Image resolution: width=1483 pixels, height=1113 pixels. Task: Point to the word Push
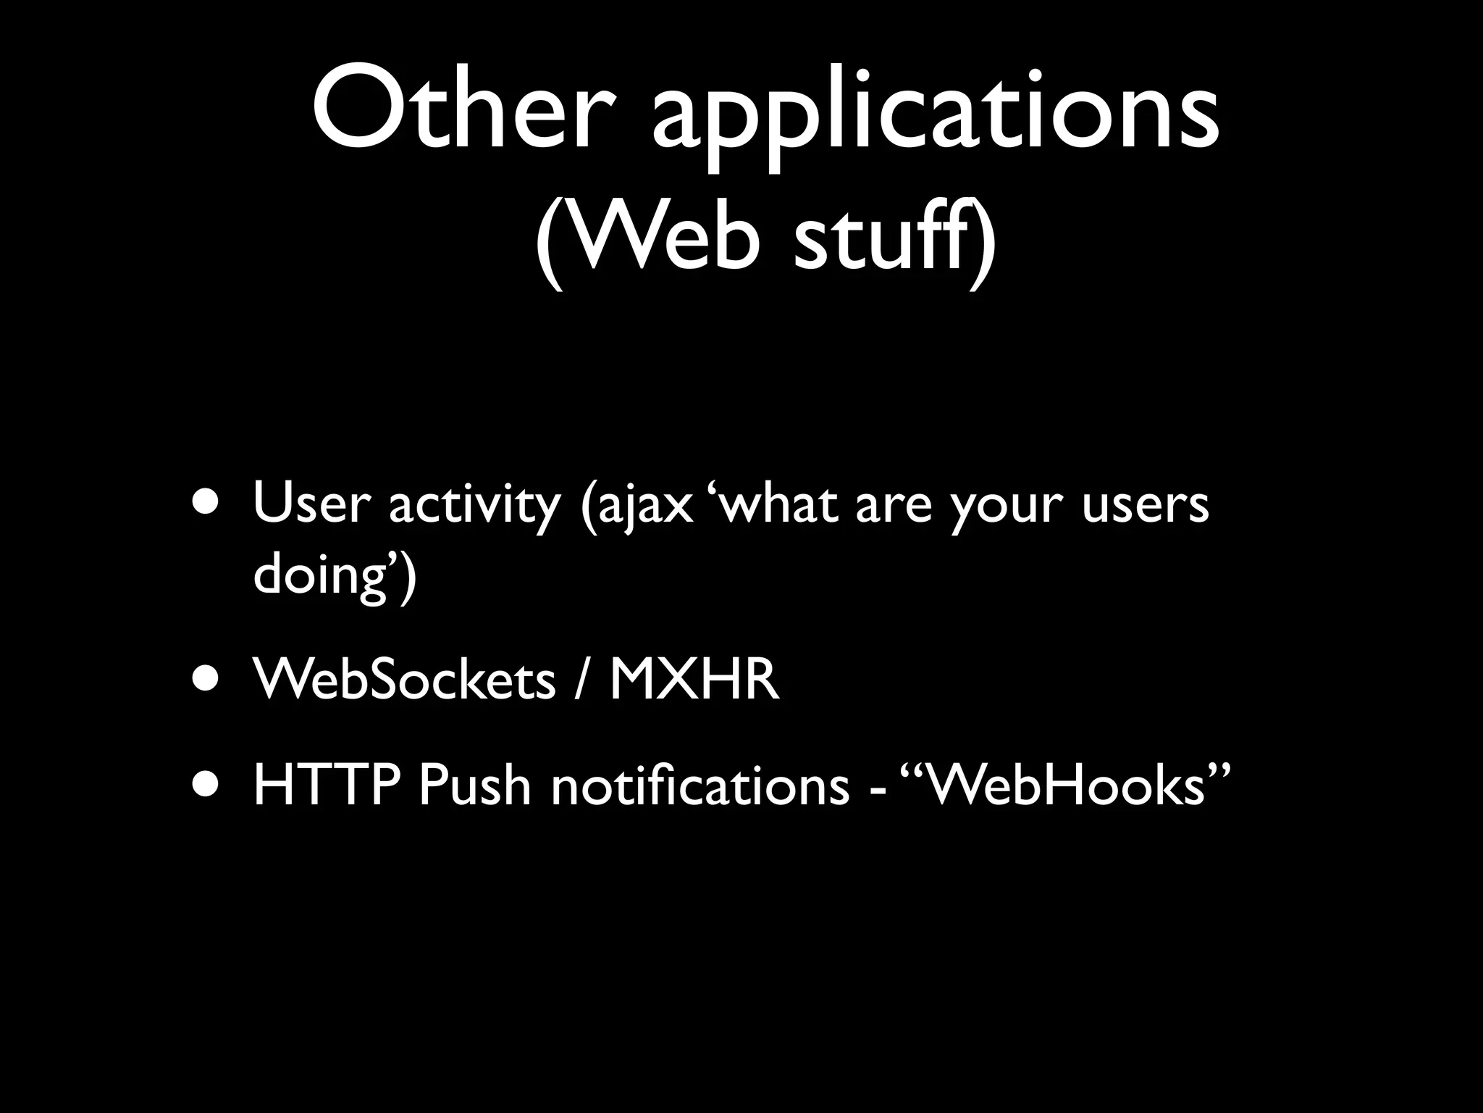(474, 785)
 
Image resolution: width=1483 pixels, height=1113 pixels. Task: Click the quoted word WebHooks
(1064, 785)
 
